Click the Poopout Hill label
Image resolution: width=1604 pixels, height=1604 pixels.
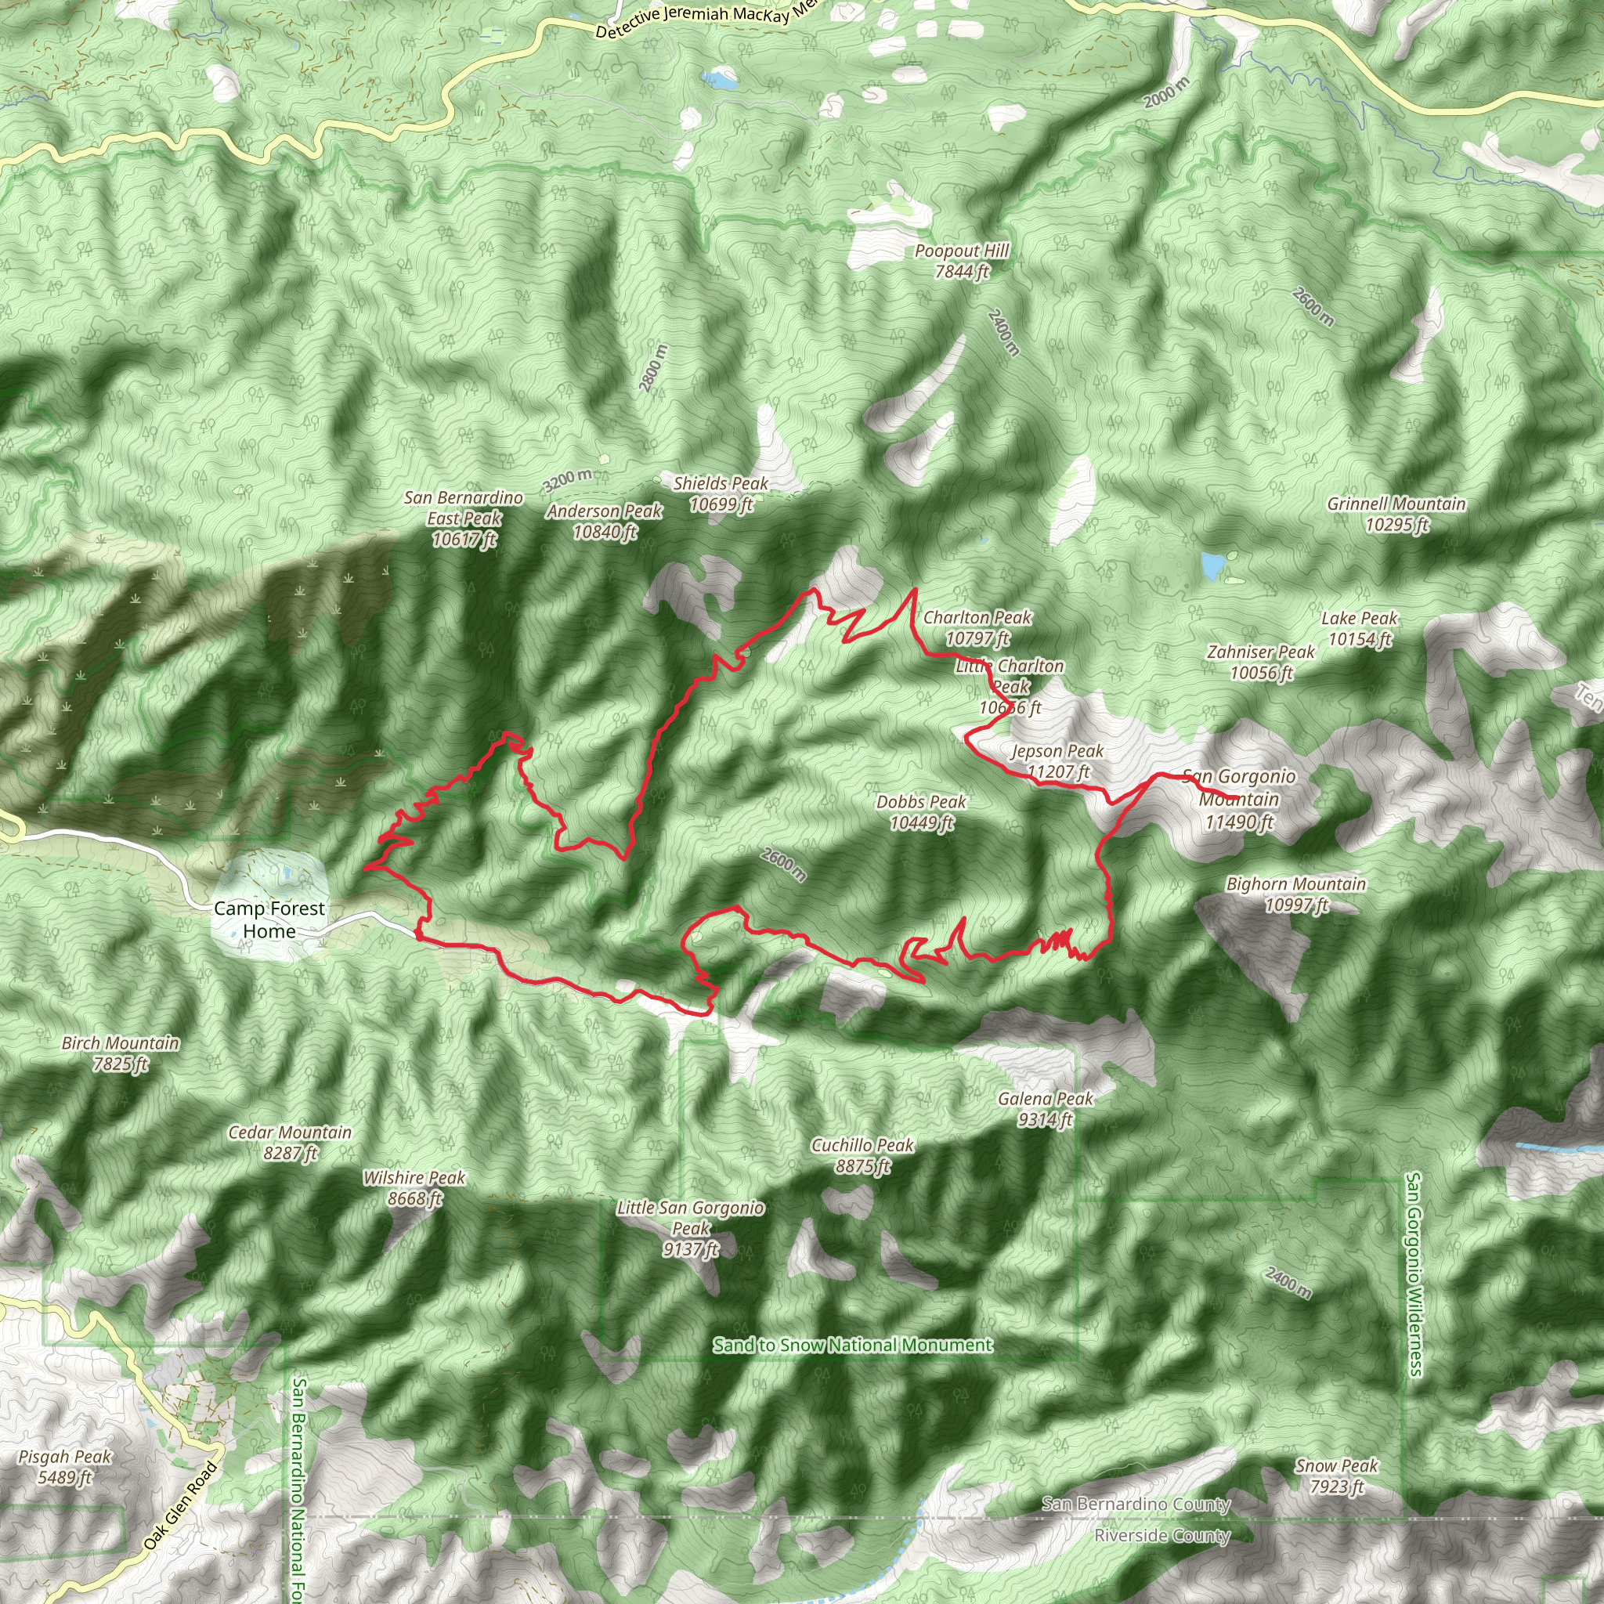[x=962, y=261]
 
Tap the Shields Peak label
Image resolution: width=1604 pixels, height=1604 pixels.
[x=721, y=493]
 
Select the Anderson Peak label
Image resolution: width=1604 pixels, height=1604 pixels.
[x=605, y=522]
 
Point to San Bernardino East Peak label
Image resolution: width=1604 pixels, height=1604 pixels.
[x=464, y=518]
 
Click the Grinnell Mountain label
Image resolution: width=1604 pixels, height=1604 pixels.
[x=1396, y=514]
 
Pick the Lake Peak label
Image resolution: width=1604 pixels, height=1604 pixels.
[x=1359, y=628]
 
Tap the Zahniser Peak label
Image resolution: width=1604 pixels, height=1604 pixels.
[x=1260, y=663]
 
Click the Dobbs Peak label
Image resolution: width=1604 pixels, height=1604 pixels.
[x=922, y=812]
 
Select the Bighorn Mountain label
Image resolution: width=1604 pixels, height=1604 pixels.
[x=1296, y=894]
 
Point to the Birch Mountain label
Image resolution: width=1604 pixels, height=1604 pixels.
[x=121, y=1053]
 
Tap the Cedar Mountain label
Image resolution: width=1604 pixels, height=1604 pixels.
[x=290, y=1143]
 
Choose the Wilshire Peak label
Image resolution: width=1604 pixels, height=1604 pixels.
[x=414, y=1187]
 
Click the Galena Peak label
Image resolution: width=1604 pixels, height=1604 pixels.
[x=1046, y=1109]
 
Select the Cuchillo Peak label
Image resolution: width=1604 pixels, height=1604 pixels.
[x=862, y=1156]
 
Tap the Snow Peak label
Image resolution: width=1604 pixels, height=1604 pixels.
[x=1337, y=1476]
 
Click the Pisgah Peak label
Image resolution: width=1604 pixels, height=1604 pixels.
[x=65, y=1466]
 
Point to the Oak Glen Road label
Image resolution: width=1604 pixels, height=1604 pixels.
[x=180, y=1505]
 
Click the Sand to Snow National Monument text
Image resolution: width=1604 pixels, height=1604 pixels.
[x=853, y=1345]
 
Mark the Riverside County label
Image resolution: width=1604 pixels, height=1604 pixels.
[x=1161, y=1535]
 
